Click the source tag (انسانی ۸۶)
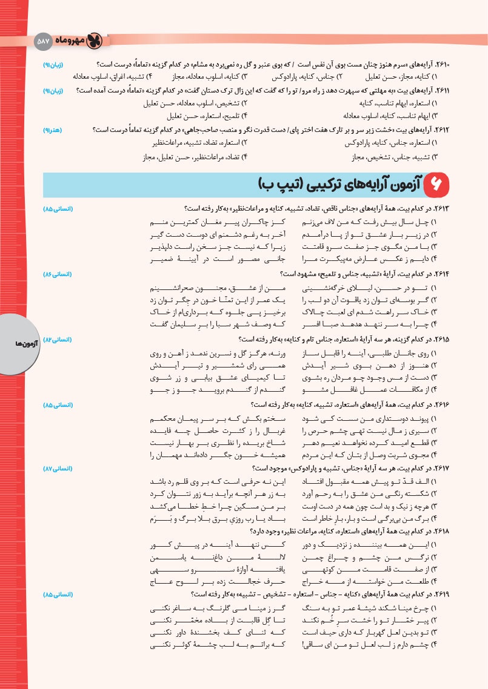point(58,274)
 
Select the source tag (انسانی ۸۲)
point(58,340)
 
